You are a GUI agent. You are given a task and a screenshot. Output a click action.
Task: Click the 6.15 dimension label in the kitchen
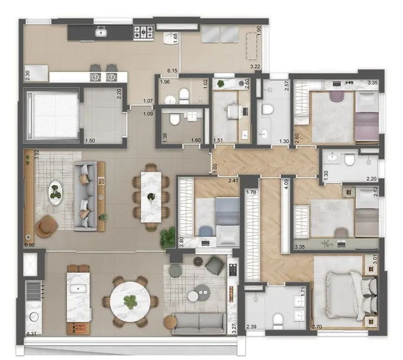point(173,71)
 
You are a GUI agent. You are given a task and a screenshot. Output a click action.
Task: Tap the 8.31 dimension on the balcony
point(34,334)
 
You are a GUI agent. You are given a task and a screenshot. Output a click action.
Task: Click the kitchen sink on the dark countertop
point(101,33)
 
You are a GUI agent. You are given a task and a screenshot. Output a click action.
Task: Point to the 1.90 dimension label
point(258,32)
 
